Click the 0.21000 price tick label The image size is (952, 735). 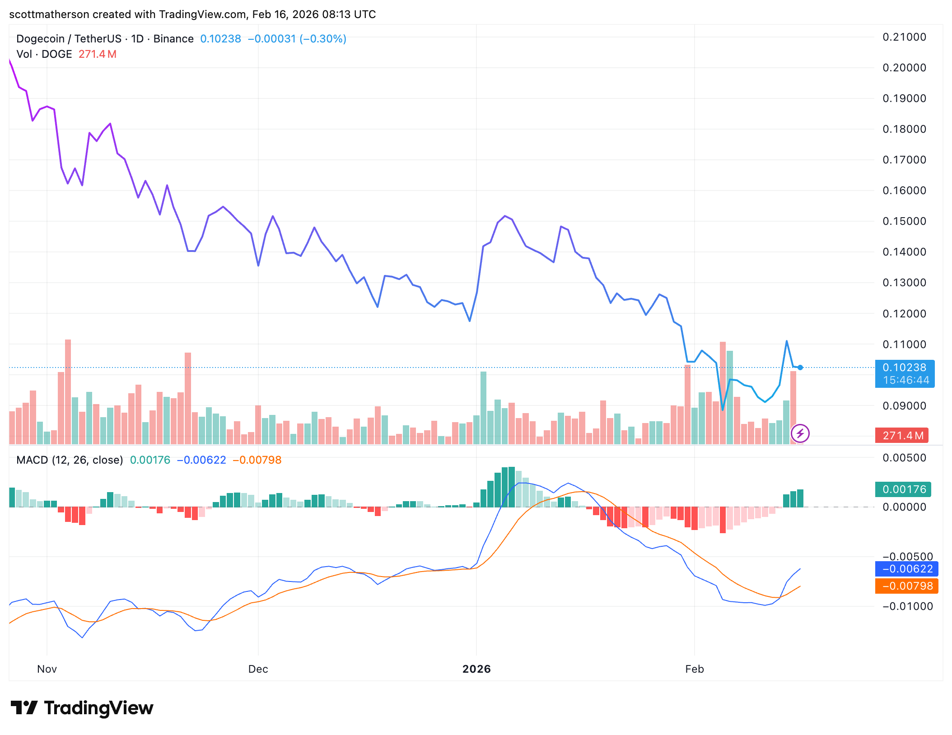pyautogui.click(x=904, y=37)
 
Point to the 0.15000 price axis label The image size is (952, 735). pyautogui.click(x=904, y=221)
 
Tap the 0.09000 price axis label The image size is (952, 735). pyautogui.click(x=904, y=406)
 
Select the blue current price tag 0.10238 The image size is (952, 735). pyautogui.click(x=904, y=367)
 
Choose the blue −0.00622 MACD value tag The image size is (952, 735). pyautogui.click(x=907, y=569)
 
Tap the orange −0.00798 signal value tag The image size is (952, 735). pyautogui.click(x=907, y=586)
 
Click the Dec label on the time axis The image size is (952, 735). pyautogui.click(x=258, y=669)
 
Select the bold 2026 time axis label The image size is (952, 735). pyautogui.click(x=476, y=669)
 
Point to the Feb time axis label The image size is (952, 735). pyautogui.click(x=694, y=669)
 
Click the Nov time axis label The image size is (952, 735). pyautogui.click(x=47, y=669)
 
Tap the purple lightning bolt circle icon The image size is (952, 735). pyautogui.click(x=800, y=434)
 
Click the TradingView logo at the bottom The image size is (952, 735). pyautogui.click(x=82, y=708)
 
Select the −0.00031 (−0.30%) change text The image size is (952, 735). pyautogui.click(x=297, y=39)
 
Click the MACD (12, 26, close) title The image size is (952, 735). pyautogui.click(x=70, y=460)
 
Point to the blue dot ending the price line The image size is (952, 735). pyautogui.click(x=800, y=367)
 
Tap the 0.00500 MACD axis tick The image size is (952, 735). pyautogui.click(x=904, y=458)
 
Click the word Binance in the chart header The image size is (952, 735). pyautogui.click(x=173, y=39)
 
